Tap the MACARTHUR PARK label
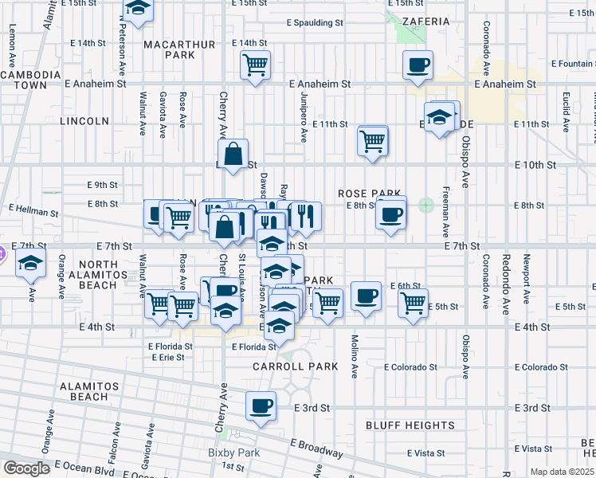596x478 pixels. coord(168,49)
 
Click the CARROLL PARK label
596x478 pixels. coord(296,367)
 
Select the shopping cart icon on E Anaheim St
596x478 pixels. coord(255,65)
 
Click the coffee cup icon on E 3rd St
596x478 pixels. coord(261,407)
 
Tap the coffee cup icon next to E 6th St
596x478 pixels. coord(365,297)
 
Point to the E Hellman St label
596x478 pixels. coord(33,213)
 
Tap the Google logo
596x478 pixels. coord(25,468)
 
